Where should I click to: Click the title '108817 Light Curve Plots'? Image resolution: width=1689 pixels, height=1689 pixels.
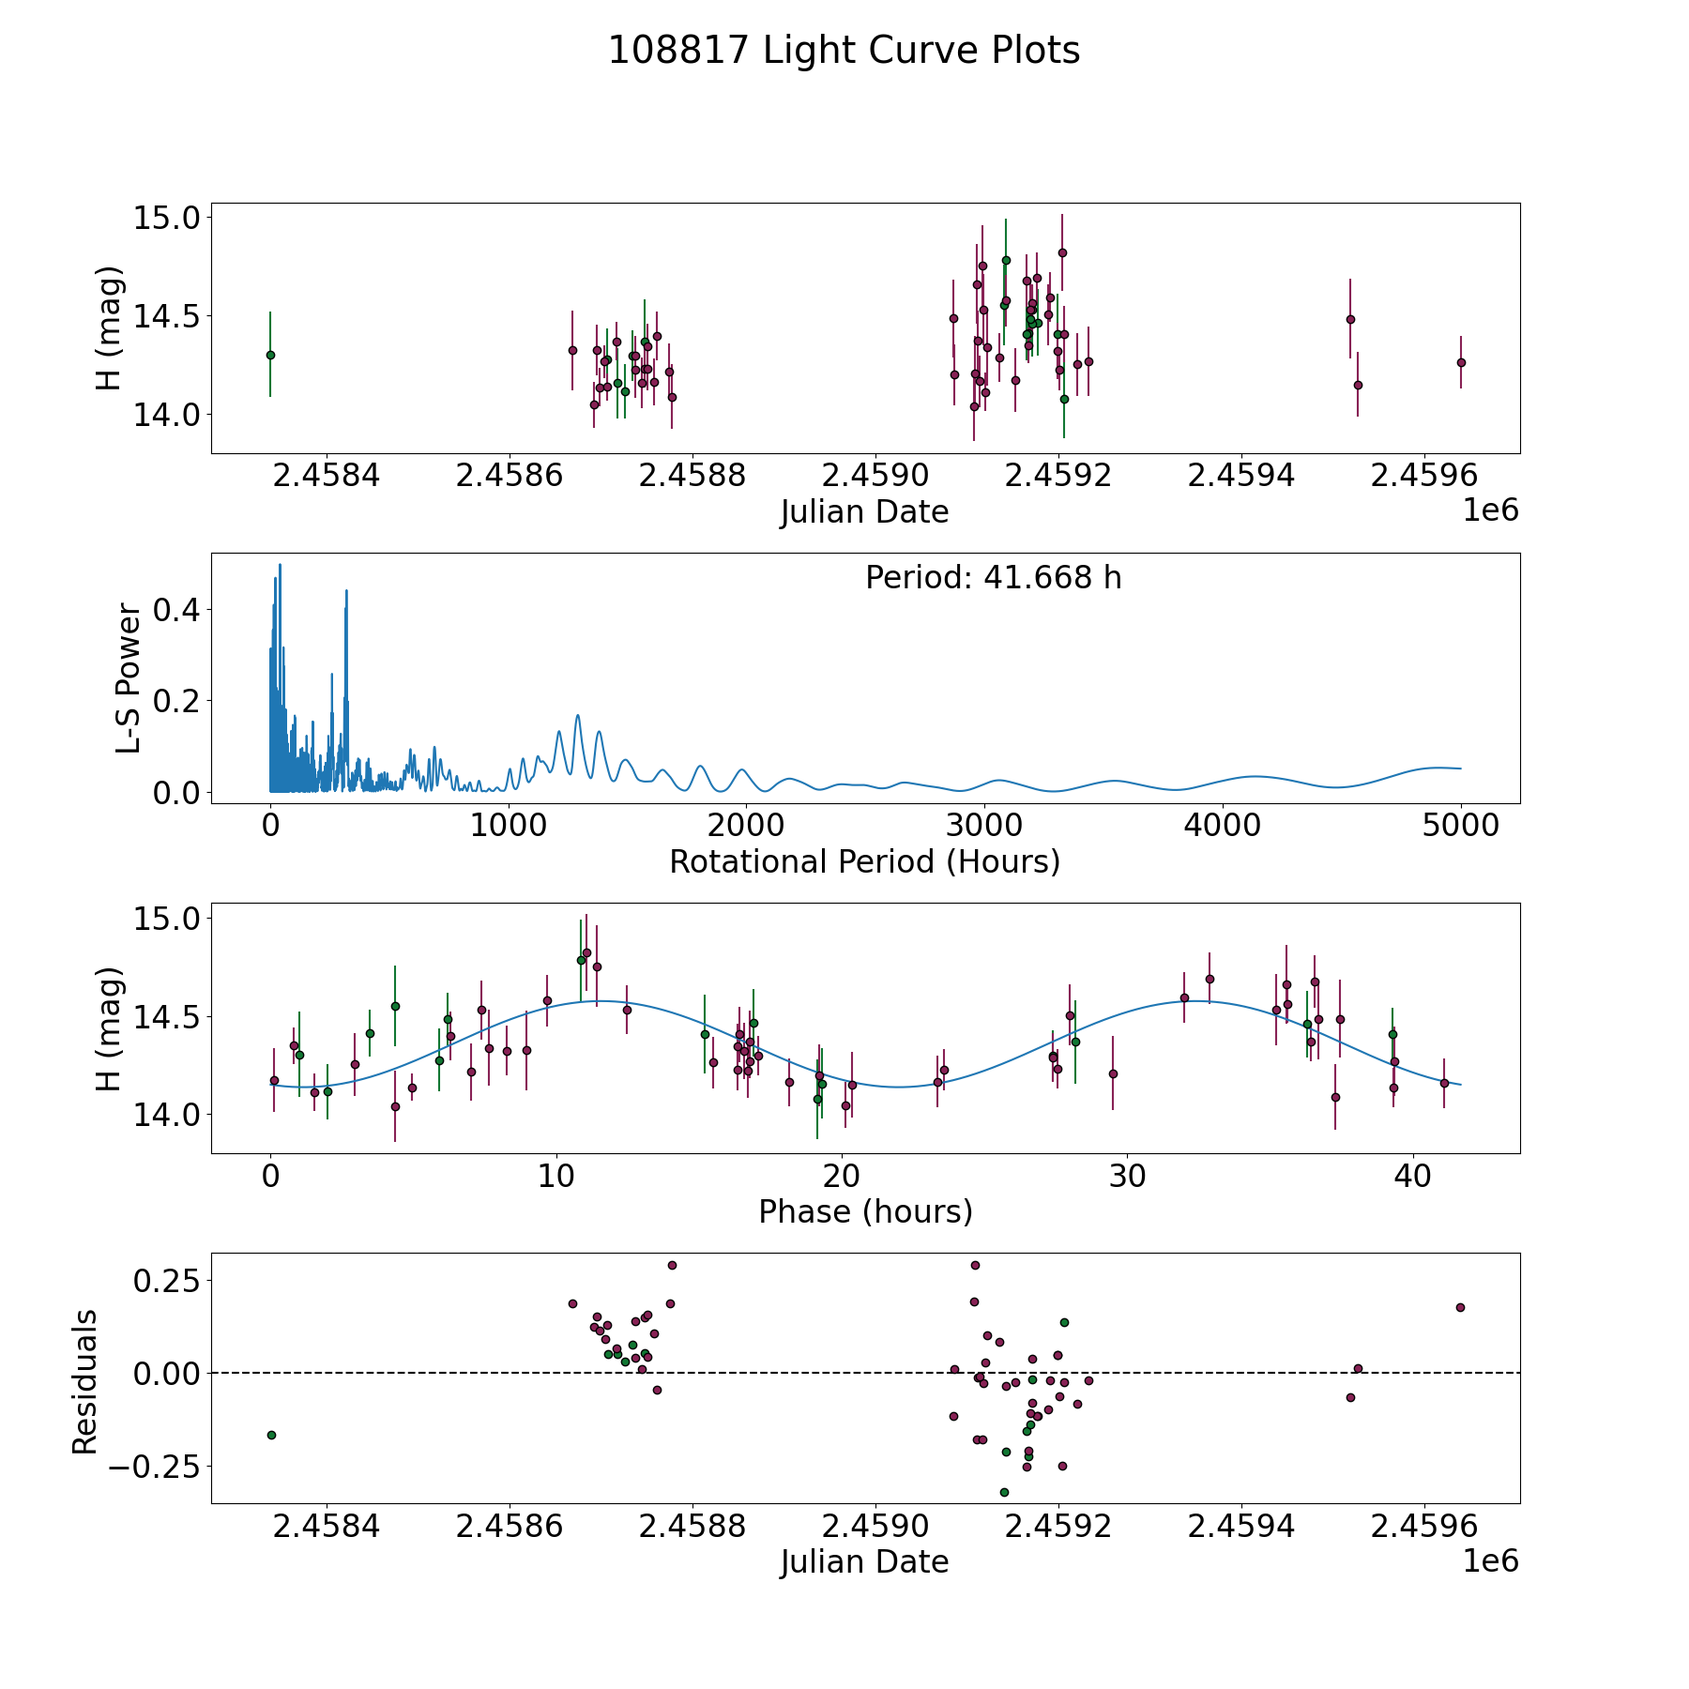(x=844, y=51)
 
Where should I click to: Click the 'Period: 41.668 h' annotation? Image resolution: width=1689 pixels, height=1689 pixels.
(x=993, y=578)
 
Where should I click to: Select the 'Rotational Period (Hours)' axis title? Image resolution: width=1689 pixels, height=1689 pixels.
(x=864, y=861)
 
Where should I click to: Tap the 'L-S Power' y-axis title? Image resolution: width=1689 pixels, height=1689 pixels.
(x=129, y=678)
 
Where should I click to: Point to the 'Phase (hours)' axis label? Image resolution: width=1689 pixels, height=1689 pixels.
(x=865, y=1211)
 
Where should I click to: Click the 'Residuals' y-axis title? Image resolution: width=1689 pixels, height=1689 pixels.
(x=85, y=1381)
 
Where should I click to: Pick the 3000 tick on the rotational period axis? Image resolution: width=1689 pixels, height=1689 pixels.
(x=984, y=827)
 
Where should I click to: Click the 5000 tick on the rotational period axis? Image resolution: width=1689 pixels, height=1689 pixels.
(x=1460, y=827)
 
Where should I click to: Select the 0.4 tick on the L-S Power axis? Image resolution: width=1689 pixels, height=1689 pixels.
(x=175, y=610)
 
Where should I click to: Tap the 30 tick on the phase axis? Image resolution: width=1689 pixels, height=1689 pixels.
(x=1126, y=1177)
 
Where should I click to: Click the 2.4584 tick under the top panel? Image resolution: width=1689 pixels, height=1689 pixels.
(x=326, y=476)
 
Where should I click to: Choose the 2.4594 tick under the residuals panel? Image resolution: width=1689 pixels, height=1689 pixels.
(x=1240, y=1527)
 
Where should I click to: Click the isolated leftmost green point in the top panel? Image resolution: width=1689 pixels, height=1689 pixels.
(x=270, y=355)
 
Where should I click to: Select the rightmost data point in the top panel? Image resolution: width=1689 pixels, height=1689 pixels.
(x=1461, y=362)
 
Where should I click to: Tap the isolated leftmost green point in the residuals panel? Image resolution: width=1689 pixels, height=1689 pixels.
(x=271, y=1435)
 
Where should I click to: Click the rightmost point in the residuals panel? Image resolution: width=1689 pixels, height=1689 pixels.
(x=1460, y=1307)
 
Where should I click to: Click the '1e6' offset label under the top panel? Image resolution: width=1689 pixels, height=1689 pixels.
(x=1490, y=510)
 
